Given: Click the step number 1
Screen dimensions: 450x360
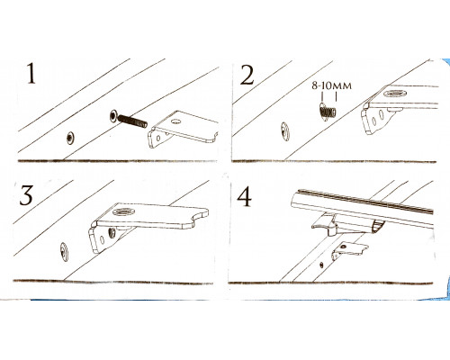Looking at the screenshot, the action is click(31, 74).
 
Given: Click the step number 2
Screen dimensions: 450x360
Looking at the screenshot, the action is click(247, 75).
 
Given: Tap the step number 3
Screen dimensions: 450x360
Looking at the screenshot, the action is click(26, 195).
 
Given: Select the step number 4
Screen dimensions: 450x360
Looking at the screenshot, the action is click(245, 197).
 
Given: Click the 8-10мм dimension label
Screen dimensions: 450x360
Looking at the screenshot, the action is click(331, 85).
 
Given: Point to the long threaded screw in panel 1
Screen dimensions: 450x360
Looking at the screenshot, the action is click(129, 119).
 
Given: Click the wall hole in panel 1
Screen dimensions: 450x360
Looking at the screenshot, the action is click(70, 138).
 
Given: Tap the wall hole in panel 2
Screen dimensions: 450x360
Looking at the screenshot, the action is click(284, 131).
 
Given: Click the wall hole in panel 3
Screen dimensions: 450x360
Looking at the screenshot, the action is click(64, 251).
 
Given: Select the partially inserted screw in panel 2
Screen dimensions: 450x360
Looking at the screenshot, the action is click(328, 111).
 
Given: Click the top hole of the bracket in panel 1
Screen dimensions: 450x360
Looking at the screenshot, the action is click(175, 121).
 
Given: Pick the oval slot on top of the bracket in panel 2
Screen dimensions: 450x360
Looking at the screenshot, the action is click(395, 94).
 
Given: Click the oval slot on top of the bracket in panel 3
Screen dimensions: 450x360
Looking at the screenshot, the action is click(124, 211).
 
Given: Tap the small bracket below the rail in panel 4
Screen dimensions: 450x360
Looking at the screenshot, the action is click(349, 250).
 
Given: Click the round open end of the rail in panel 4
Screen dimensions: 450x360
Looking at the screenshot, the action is click(378, 226).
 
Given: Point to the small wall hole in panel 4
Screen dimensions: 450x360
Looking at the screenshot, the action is click(321, 265).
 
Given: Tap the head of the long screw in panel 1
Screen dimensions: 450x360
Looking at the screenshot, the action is click(114, 115).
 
